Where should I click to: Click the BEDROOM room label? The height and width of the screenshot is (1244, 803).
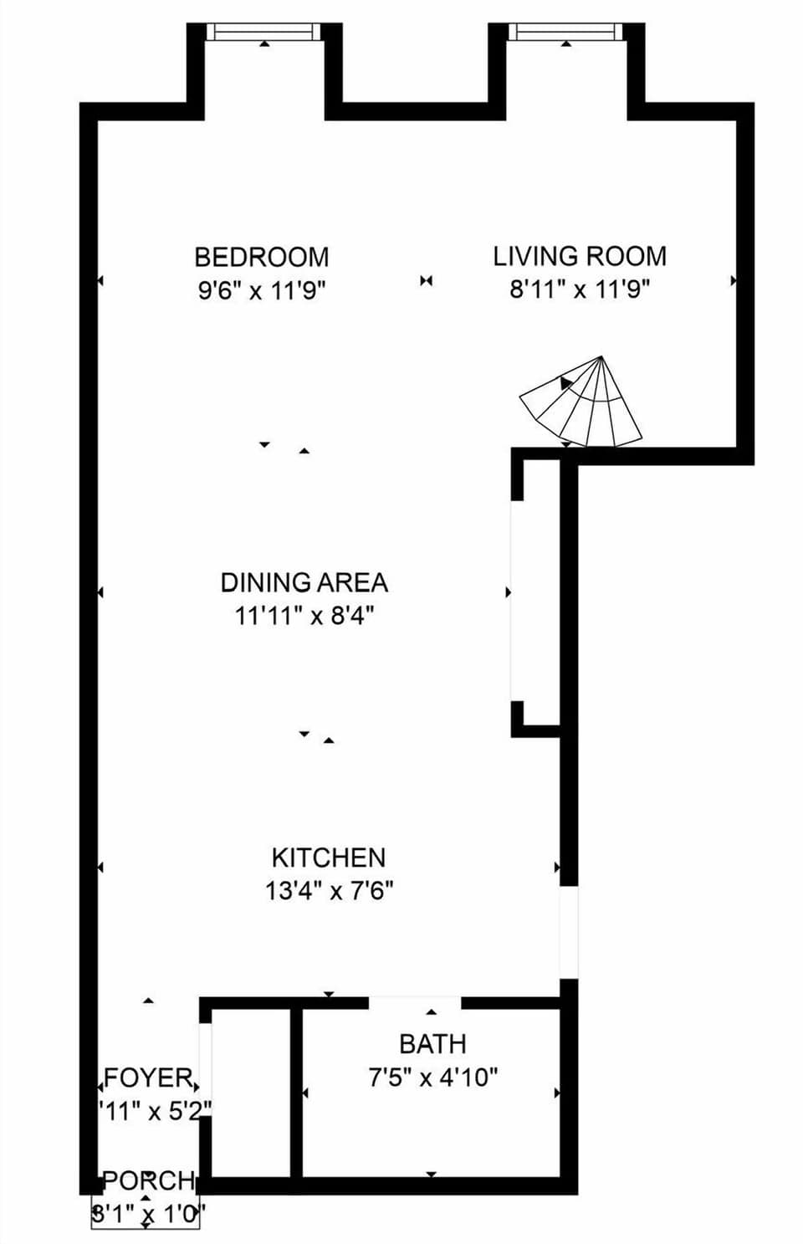click(x=261, y=256)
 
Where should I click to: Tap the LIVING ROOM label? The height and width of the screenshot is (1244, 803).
click(x=579, y=255)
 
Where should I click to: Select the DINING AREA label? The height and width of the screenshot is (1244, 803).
click(x=304, y=582)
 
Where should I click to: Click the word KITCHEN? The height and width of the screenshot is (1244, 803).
click(x=329, y=857)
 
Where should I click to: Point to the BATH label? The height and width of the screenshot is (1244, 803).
click(x=432, y=1044)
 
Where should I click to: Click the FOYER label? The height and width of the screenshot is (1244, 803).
click(x=149, y=1077)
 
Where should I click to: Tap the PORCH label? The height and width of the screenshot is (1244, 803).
click(x=149, y=1181)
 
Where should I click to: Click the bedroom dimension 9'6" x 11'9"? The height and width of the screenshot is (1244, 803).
click(x=261, y=291)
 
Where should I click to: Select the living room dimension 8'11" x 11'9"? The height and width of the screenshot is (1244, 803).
click(x=580, y=289)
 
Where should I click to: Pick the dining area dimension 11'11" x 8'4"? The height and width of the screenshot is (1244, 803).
click(x=304, y=617)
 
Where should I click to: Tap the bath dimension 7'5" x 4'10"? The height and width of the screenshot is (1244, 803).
click(x=432, y=1078)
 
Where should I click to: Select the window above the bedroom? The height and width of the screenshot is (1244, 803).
click(x=263, y=33)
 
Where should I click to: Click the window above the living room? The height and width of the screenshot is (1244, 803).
click(x=566, y=33)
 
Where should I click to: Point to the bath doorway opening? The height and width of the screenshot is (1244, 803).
click(x=415, y=1002)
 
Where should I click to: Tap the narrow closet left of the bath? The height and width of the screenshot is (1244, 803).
click(x=251, y=1092)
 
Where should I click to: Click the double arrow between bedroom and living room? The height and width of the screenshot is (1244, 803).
click(x=427, y=281)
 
